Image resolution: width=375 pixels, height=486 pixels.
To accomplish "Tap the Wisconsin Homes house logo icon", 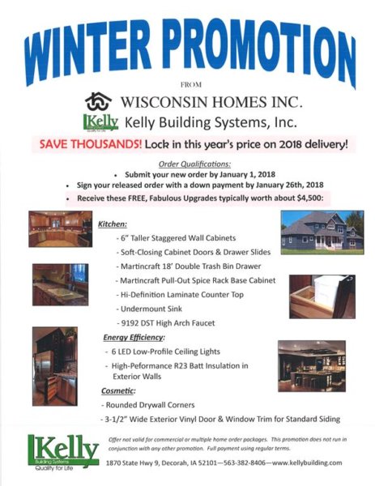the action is [x=98, y=102].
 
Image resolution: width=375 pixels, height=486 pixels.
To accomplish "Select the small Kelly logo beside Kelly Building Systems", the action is [x=100, y=123].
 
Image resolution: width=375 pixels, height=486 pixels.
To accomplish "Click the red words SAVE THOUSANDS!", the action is [x=91, y=144].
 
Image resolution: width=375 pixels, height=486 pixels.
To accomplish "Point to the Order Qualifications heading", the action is [x=194, y=164].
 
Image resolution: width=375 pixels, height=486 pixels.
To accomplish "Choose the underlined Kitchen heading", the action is [x=113, y=224].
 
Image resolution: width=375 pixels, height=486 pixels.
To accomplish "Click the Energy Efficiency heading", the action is [x=134, y=337].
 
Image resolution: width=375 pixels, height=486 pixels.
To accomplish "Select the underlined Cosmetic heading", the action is [x=118, y=391].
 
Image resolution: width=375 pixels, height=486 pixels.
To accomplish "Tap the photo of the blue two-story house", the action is [x=322, y=232].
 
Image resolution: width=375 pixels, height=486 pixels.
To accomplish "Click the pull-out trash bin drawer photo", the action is [x=322, y=296].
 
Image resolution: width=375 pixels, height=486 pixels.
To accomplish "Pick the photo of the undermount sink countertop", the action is [x=61, y=284].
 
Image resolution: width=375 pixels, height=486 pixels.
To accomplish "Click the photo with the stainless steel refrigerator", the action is [x=55, y=366].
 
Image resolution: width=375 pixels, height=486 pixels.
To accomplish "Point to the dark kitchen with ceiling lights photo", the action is [x=312, y=366].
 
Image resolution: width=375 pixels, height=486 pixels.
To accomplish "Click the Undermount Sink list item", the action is [x=151, y=309].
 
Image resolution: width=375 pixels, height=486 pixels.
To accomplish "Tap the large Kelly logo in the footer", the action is [x=63, y=452].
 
